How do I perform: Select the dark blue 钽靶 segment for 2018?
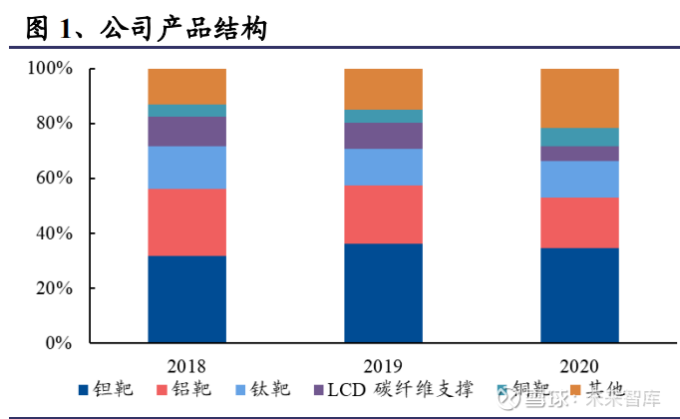tap(187, 299)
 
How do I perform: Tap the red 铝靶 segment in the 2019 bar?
tap(383, 213)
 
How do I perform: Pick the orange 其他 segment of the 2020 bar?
tap(579, 98)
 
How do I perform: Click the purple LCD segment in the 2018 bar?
tap(187, 132)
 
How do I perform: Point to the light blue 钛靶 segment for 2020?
tap(579, 179)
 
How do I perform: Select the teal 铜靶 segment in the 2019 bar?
tap(383, 116)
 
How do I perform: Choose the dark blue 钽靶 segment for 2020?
tap(579, 295)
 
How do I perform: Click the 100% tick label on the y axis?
tap(50, 69)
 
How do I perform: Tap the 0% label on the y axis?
tap(58, 343)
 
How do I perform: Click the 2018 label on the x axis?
tap(187, 365)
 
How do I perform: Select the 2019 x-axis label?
tap(383, 365)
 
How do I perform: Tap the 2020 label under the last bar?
tap(579, 365)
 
